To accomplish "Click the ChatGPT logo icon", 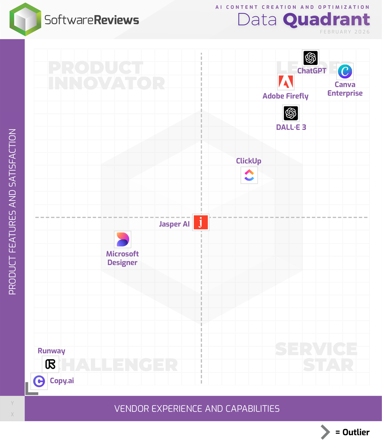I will click(x=310, y=58).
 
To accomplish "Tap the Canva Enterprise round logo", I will click(x=345, y=71).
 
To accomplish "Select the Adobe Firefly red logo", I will click(x=286, y=82).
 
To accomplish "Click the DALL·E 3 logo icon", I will click(x=291, y=113).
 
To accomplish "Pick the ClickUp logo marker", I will click(x=249, y=175).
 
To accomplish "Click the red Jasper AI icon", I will click(x=201, y=222).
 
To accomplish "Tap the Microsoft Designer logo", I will click(x=122, y=239).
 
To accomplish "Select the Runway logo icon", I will click(x=50, y=364).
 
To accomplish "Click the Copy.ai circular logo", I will click(x=39, y=381).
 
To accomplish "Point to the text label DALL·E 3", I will click(x=291, y=127).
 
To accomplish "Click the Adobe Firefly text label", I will click(x=285, y=96).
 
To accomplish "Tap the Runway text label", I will click(x=51, y=351).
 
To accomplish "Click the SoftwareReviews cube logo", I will click(x=25, y=19).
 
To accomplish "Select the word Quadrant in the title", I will click(x=326, y=19).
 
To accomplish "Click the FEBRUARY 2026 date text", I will click(x=345, y=32).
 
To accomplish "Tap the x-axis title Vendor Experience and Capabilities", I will click(x=197, y=408).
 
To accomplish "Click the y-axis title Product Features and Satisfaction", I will click(x=12, y=211).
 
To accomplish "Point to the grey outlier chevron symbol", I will click(x=325, y=432).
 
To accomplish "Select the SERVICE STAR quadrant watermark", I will click(x=317, y=357).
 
